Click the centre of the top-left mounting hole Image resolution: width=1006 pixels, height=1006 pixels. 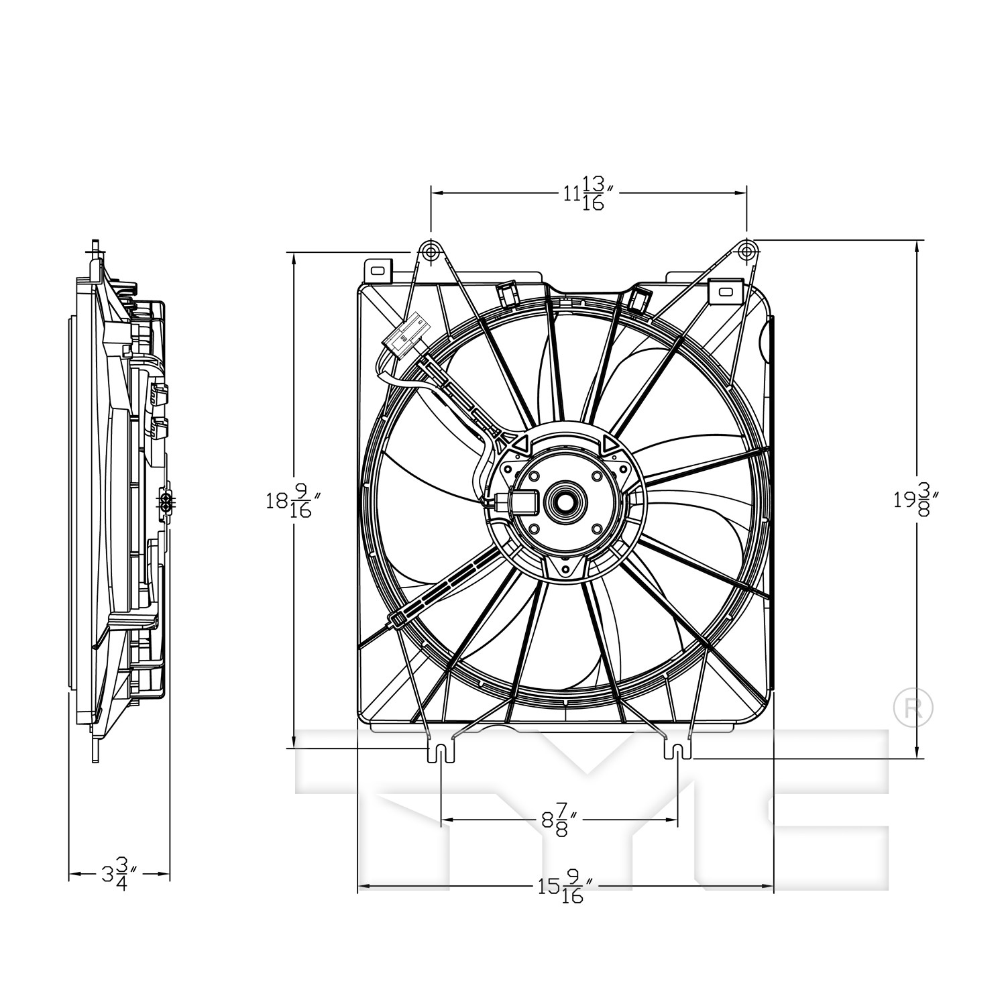(430, 251)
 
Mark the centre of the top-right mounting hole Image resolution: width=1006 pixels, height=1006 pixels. (746, 251)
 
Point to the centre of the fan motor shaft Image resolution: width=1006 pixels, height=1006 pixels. (566, 500)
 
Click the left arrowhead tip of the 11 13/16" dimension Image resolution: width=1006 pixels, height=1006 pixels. (431, 192)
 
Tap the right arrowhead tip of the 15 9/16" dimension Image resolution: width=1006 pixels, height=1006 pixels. (774, 887)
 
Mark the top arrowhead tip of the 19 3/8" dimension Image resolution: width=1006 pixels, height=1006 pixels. (917, 240)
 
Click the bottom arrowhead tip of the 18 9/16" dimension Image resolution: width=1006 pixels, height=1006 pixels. (294, 748)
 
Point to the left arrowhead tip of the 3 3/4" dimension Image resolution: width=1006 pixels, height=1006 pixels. (70, 874)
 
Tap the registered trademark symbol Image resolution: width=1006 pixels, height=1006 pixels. (913, 706)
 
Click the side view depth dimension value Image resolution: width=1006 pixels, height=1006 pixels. (119, 873)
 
